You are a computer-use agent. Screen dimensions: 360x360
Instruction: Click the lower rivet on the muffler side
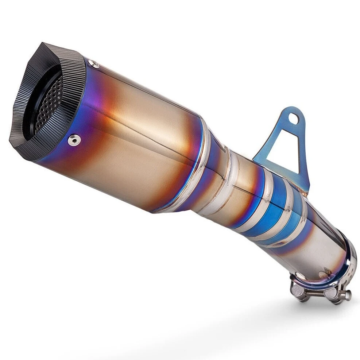(74, 140)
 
